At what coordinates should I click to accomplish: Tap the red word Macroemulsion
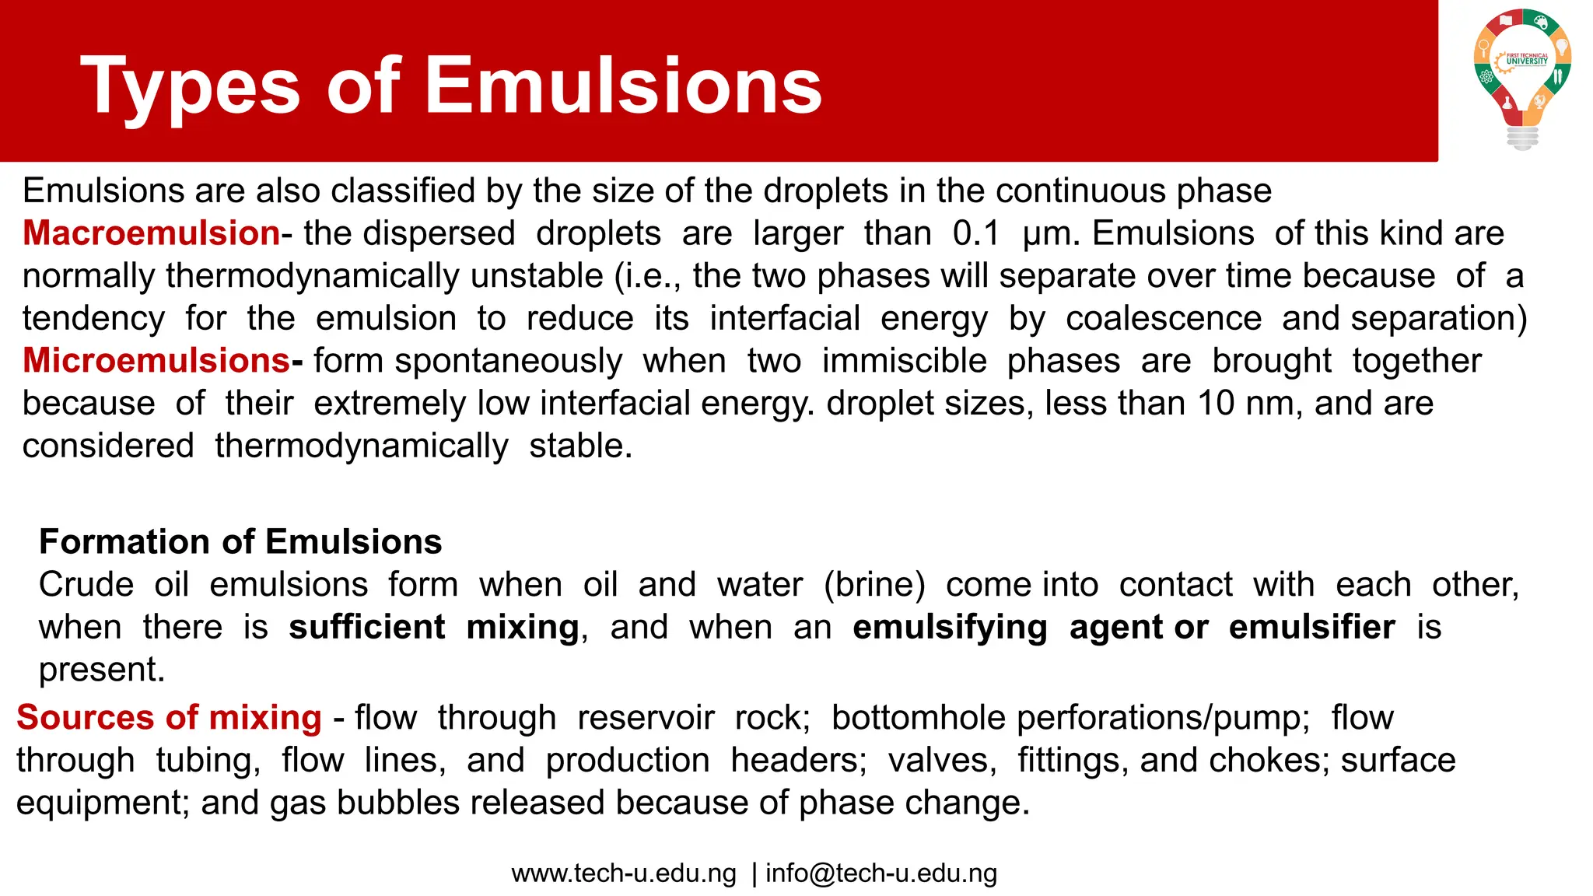tap(151, 233)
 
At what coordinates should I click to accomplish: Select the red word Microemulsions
tap(156, 361)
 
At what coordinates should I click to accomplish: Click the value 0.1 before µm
tap(976, 233)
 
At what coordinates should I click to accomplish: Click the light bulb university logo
tap(1522, 78)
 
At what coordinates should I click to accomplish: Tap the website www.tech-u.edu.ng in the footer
tap(624, 873)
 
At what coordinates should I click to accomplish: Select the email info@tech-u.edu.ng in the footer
tap(881, 873)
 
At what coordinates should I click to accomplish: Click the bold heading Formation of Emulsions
tap(240, 542)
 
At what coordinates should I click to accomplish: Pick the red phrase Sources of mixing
tap(169, 718)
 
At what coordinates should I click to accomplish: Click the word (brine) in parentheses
tap(874, 585)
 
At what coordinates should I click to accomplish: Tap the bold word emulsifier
tap(1311, 628)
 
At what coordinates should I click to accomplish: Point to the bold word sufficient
tap(367, 628)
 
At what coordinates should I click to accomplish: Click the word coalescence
tap(1164, 319)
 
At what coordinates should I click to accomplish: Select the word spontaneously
tap(509, 362)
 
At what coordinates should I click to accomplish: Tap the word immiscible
tap(905, 361)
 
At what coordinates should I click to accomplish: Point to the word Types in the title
tap(190, 87)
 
